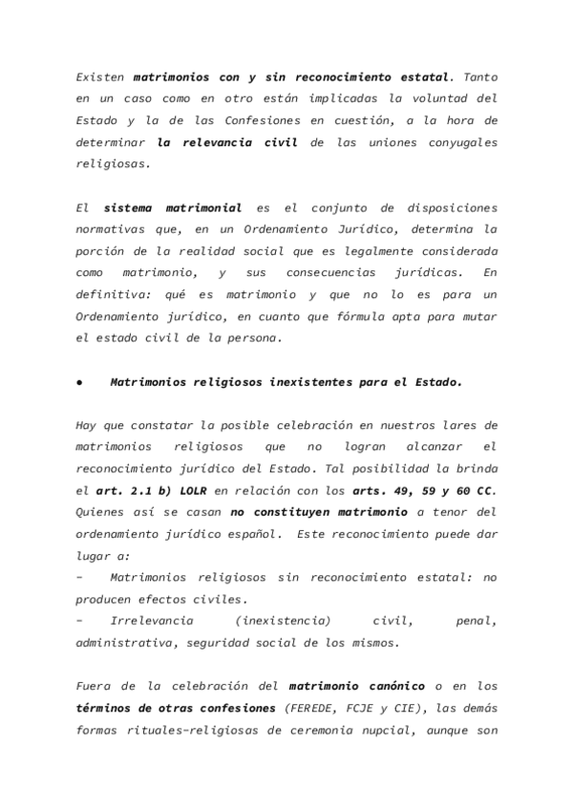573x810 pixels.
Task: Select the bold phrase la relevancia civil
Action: tap(227, 141)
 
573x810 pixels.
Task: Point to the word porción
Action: tap(100, 251)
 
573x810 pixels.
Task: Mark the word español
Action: tap(252, 535)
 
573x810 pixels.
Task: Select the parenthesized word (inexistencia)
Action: tap(286, 621)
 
